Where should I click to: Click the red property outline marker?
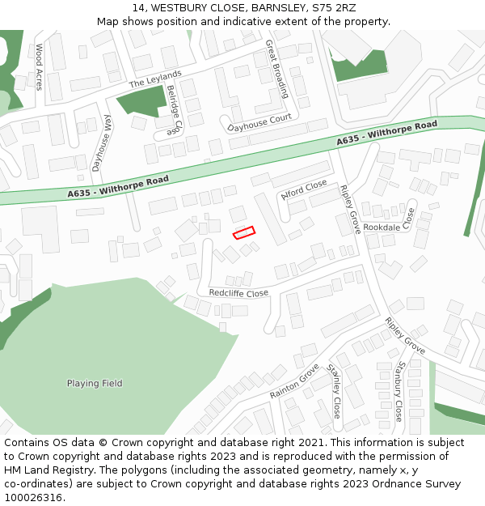point(243,232)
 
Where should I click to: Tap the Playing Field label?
point(95,383)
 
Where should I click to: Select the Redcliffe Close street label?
point(238,293)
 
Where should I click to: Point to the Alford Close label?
point(304,190)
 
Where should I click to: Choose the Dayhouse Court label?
point(259,124)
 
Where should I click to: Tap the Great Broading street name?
point(276,69)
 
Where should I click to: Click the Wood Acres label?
point(39,66)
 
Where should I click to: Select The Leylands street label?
point(155,79)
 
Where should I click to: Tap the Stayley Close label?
point(335,390)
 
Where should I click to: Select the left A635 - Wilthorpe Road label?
point(118,187)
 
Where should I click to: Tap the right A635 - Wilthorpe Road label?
point(386,134)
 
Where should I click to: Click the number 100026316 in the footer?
point(34,497)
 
